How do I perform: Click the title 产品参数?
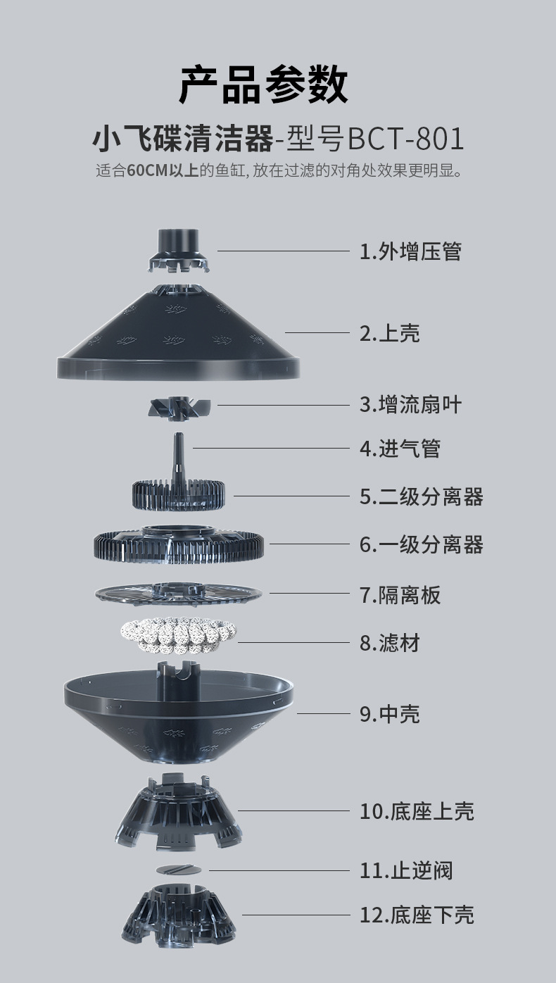click(x=263, y=84)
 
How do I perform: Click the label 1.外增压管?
click(x=410, y=251)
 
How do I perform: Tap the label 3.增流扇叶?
click(x=410, y=405)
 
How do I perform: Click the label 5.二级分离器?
click(x=421, y=496)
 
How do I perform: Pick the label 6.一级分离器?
click(x=421, y=544)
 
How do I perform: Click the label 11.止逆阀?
click(x=406, y=871)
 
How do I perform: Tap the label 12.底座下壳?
click(x=417, y=915)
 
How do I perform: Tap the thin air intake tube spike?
click(x=179, y=451)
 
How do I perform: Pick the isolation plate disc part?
click(x=179, y=593)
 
